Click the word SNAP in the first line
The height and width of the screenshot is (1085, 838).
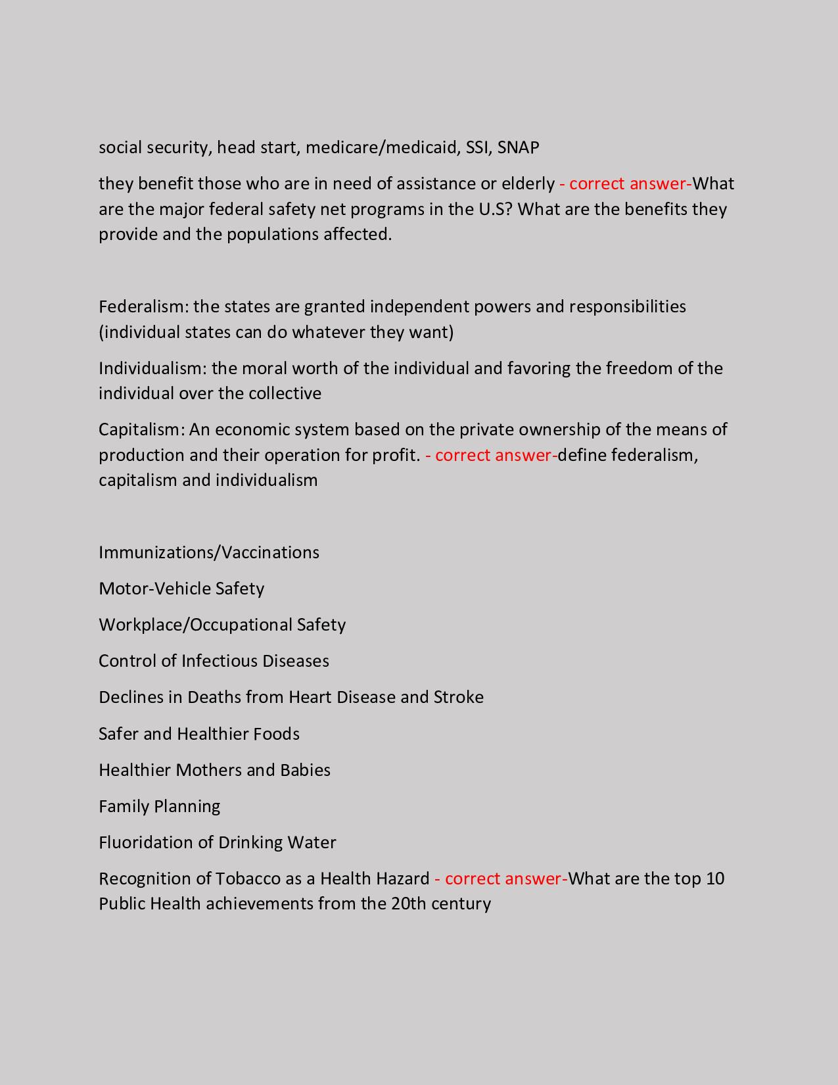pyautogui.click(x=518, y=147)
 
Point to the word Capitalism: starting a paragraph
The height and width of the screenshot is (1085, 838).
pyautogui.click(x=141, y=429)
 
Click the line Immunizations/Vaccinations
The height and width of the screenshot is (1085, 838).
pyautogui.click(x=209, y=552)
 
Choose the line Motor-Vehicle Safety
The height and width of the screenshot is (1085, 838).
pyautogui.click(x=181, y=589)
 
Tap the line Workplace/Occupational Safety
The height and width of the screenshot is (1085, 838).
pyautogui.click(x=222, y=625)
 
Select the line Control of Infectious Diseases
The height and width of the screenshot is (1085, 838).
pyautogui.click(x=214, y=661)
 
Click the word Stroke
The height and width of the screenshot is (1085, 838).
pyautogui.click(x=458, y=697)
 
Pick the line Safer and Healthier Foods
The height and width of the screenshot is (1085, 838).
pyautogui.click(x=199, y=734)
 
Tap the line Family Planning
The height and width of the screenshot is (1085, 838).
pyautogui.click(x=160, y=806)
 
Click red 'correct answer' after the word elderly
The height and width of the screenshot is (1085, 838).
pyautogui.click(x=624, y=183)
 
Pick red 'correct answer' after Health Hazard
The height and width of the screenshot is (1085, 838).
pyautogui.click(x=501, y=879)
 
